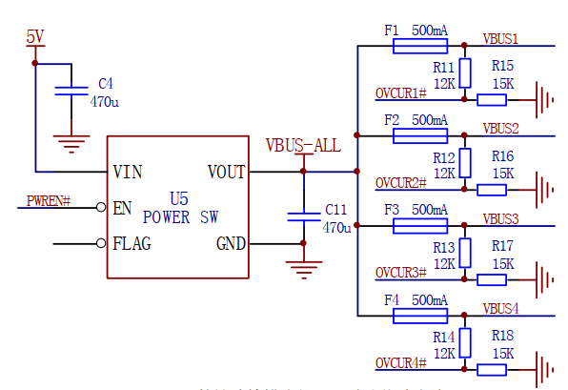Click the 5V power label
tap(34, 37)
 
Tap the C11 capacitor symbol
tap(303, 216)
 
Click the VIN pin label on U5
tap(128, 173)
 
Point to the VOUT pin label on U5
tap(226, 173)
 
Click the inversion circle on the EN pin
tap(101, 208)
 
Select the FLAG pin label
tap(132, 243)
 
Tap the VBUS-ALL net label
tap(302, 146)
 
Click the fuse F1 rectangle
tap(420, 46)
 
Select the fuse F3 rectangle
tap(420, 225)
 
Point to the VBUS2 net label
tap(500, 128)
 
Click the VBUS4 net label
tap(500, 309)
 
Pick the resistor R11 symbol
tap(464, 72)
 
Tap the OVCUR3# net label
tap(400, 273)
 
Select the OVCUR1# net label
tap(400, 93)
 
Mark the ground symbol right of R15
tap(546, 99)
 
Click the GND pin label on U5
tap(231, 243)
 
